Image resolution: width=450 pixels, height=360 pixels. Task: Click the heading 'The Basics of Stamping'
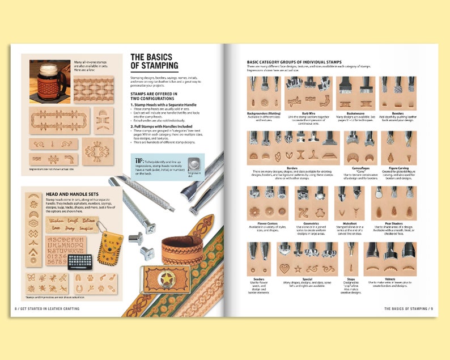154,61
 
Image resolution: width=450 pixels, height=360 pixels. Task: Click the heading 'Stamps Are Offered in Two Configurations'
154,96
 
